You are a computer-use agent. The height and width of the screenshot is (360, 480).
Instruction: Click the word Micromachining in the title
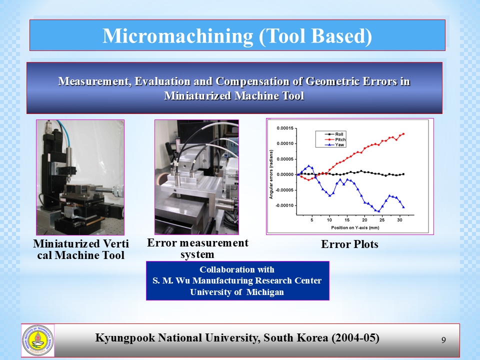point(178,36)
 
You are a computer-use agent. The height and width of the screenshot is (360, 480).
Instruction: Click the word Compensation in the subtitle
point(259,81)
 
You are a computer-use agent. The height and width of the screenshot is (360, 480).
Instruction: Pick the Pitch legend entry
point(335,139)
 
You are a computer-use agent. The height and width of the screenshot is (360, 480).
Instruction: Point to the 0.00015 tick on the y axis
point(285,128)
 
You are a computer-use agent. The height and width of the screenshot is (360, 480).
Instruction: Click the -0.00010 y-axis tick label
point(284,205)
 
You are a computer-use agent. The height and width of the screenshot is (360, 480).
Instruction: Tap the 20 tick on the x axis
point(364,220)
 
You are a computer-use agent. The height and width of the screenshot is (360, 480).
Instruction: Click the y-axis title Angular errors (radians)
point(271,174)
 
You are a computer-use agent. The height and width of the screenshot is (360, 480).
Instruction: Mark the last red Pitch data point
point(403,134)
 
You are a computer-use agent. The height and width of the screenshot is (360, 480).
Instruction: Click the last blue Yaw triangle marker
point(403,207)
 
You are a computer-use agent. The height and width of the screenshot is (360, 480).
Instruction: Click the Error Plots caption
point(349,244)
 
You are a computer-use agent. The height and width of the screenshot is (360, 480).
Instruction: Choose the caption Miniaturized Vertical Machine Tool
point(81,249)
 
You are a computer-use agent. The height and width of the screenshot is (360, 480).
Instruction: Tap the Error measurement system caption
point(197,248)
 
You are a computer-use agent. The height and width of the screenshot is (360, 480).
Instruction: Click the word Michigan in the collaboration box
point(265,292)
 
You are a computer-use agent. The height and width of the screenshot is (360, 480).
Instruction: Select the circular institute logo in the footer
point(37,340)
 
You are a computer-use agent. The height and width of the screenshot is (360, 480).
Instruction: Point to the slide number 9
point(443,340)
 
